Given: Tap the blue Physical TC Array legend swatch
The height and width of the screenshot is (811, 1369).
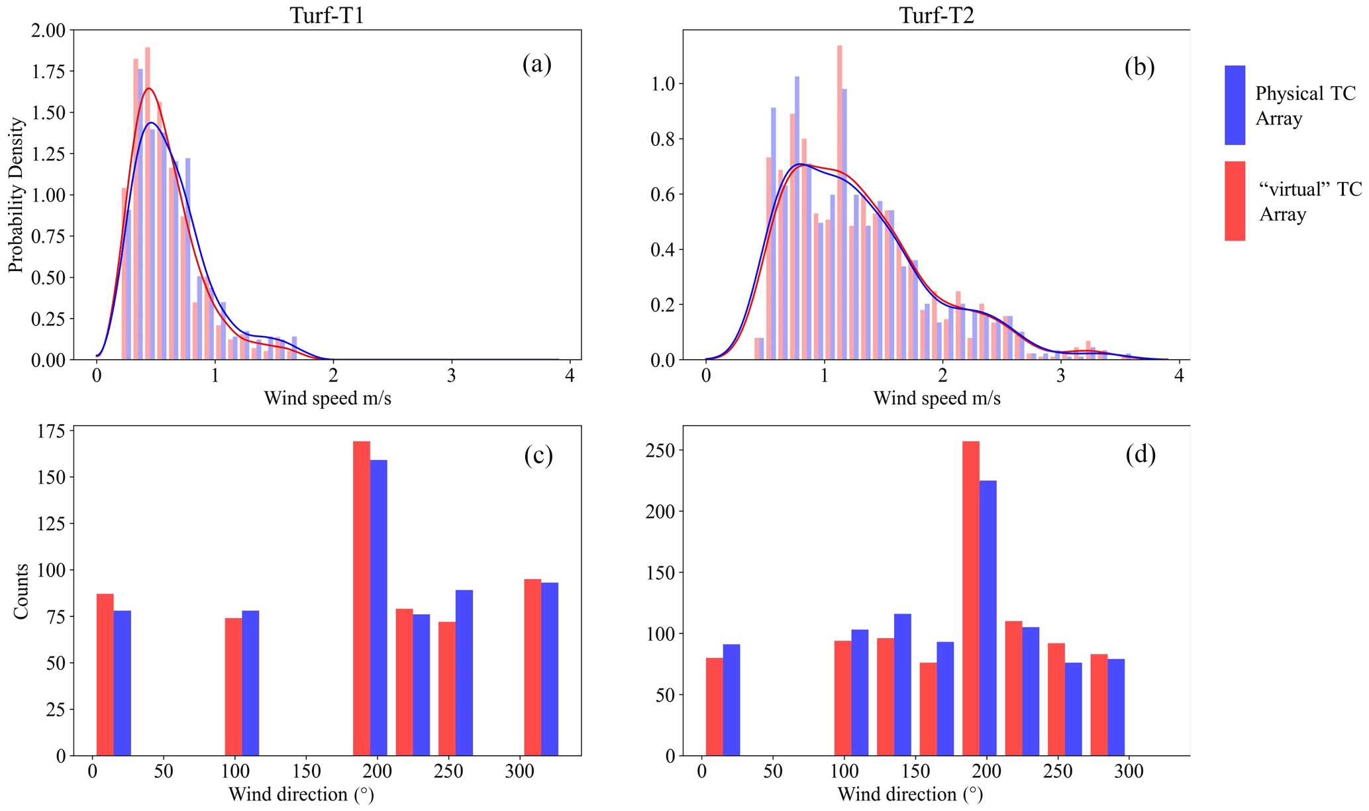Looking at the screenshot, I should [1235, 105].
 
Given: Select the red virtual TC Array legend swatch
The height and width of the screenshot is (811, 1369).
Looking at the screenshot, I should [1235, 200].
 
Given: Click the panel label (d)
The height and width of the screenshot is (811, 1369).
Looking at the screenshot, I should [1141, 455].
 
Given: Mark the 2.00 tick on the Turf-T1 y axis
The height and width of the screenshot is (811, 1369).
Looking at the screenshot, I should [48, 30].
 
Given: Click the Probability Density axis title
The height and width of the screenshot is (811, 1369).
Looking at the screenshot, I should [16, 195].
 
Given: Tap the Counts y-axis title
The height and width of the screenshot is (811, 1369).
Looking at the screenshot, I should [21, 591].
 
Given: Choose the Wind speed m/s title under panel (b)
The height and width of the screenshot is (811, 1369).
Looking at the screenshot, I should [937, 398].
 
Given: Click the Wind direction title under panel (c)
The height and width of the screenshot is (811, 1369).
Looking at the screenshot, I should [301, 794].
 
